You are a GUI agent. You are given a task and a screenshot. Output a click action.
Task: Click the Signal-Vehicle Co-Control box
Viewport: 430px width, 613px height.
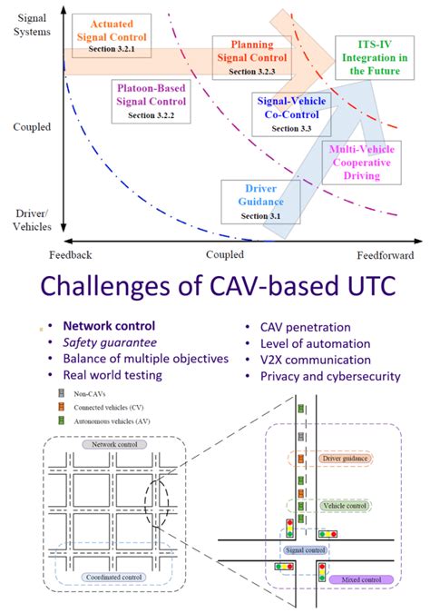click(292, 115)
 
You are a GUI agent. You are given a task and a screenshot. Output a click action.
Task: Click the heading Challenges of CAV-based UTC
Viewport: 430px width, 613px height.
click(215, 289)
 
